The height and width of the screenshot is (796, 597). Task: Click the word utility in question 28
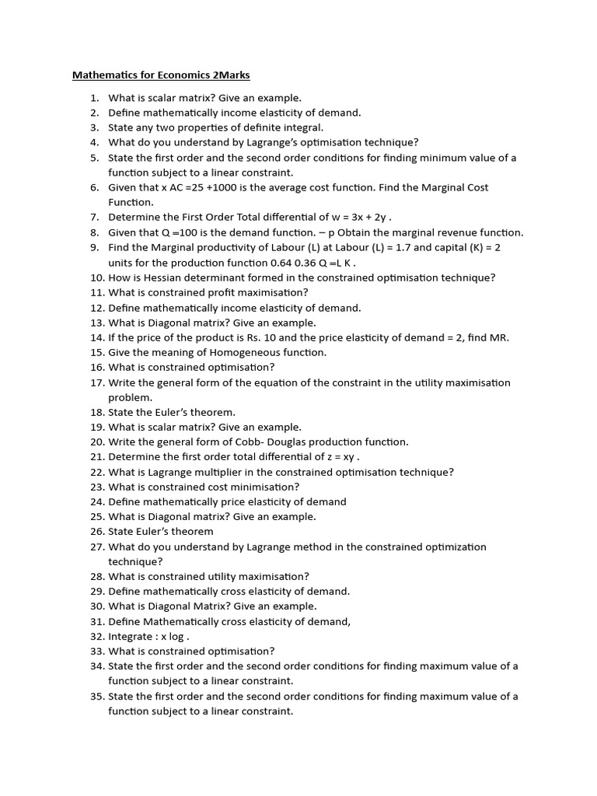(220, 576)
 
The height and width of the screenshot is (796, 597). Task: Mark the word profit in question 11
(219, 292)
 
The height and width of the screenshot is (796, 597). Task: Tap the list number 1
(94, 98)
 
